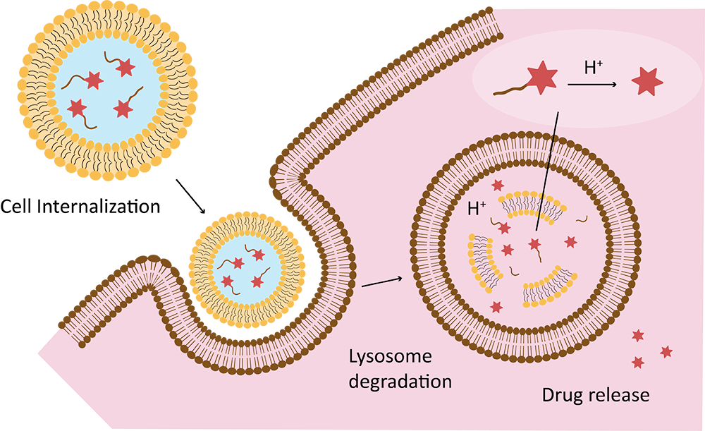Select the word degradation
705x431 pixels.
[x=400, y=382]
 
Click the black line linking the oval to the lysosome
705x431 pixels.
[x=548, y=169]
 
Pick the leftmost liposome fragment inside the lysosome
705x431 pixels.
[x=482, y=255]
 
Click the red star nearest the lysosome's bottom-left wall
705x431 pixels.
[x=497, y=307]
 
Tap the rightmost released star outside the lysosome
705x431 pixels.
[x=666, y=351]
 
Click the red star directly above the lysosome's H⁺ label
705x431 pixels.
[x=498, y=186]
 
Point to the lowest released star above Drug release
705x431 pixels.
[x=639, y=362]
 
